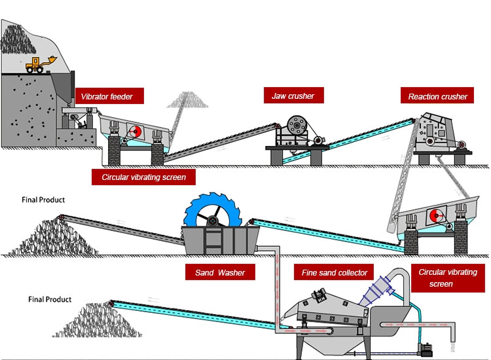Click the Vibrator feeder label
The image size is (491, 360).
coord(107,97)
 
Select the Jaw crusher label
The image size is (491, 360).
coord(293,96)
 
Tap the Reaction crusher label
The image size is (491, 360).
coord(437,97)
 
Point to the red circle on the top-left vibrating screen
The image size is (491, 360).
coord(136,132)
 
